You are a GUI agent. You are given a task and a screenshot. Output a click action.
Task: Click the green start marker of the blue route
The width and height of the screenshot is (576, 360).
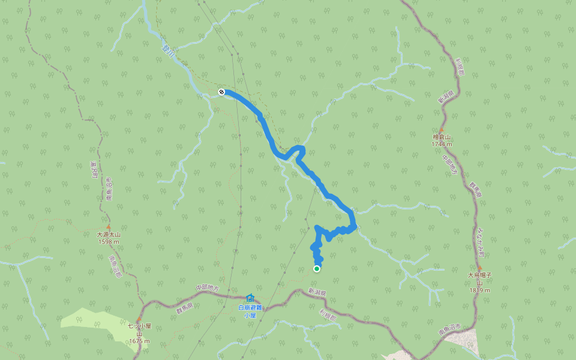(317, 268)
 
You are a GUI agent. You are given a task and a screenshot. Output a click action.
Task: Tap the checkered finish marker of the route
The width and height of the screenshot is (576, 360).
(221, 91)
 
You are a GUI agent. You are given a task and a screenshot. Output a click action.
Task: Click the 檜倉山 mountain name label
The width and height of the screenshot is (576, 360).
(441, 137)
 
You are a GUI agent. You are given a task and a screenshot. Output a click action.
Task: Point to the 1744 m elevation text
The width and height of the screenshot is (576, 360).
(441, 144)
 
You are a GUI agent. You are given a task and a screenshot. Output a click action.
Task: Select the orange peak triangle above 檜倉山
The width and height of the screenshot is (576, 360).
(441, 130)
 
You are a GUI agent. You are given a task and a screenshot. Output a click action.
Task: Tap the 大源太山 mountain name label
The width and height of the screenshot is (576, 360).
(108, 235)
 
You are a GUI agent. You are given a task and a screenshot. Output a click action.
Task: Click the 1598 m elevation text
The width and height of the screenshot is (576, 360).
(108, 241)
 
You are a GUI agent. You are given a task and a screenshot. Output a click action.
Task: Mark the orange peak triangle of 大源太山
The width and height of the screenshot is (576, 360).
(108, 227)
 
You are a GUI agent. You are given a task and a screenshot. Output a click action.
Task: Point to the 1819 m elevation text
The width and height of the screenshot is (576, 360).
(479, 290)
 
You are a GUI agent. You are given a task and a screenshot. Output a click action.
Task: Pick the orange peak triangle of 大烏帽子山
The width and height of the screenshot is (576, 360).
(479, 268)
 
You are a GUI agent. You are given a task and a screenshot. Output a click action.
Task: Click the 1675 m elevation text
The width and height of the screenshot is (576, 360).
(139, 341)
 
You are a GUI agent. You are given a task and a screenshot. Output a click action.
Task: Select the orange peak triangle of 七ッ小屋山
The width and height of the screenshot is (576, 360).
(139, 319)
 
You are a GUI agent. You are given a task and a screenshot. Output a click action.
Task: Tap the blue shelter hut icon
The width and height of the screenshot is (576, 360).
(250, 298)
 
